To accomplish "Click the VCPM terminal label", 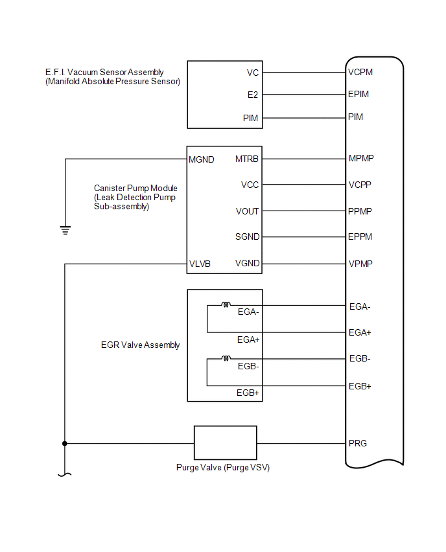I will tap(360, 73).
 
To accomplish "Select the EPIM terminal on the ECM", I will tap(358, 95).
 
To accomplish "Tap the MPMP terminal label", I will tap(361, 159).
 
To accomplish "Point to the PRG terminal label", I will tap(358, 444).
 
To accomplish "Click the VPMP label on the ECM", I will tap(360, 264).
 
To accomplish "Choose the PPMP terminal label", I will tap(360, 211).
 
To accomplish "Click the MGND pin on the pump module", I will tap(202, 159).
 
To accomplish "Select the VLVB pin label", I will tap(200, 264).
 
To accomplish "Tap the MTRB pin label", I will tap(247, 159).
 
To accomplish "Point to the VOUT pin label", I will tap(248, 211).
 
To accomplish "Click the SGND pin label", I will tap(248, 237).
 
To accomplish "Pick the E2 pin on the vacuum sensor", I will tap(253, 95).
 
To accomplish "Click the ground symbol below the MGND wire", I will tap(65, 229).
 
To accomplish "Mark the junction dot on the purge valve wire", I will tap(65, 444).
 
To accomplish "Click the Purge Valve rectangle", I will tap(226, 444).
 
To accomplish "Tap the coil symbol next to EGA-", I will tap(226, 305).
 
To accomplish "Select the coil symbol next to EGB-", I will tap(226, 358).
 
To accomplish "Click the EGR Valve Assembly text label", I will tap(136, 345).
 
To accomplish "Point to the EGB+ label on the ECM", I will tap(360, 386).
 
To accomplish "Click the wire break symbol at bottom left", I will tap(65, 475).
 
